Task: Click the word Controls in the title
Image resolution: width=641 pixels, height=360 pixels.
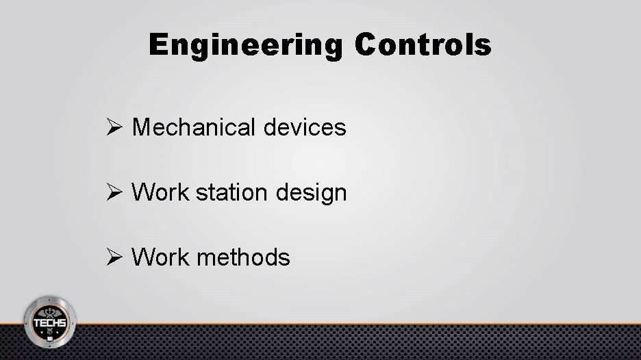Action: [423, 45]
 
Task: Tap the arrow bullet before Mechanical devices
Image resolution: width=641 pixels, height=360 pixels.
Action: [114, 127]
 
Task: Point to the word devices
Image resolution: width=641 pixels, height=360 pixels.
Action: [313, 127]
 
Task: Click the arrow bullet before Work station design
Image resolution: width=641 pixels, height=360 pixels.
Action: [114, 192]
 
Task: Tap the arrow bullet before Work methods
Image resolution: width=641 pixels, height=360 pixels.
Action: [114, 257]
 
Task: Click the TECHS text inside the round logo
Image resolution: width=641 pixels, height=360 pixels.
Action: [50, 322]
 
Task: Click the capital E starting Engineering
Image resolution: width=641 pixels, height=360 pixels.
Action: [159, 46]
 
